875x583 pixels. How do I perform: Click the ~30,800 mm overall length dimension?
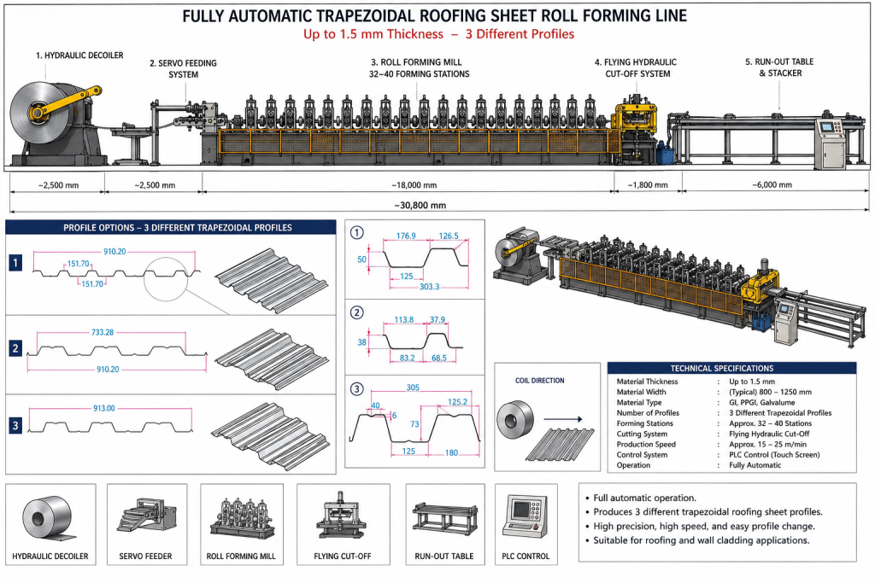coord(420,206)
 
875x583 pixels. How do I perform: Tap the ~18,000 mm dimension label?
coord(414,185)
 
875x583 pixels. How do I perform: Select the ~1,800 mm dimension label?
coord(648,185)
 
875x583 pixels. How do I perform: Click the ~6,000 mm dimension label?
coord(772,184)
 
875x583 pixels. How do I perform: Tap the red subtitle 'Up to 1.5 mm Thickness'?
coord(373,34)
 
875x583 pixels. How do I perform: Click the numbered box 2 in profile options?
coord(15,348)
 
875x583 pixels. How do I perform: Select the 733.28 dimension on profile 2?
coord(103,332)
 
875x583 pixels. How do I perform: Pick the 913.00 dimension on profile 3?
coord(103,408)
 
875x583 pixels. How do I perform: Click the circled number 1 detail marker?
coord(356,232)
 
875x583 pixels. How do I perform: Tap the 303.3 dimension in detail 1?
coord(429,287)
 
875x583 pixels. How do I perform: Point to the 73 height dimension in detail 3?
coord(414,424)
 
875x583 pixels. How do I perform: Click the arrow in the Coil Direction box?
coord(562,419)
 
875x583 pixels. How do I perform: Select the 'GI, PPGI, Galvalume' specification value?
coord(761,402)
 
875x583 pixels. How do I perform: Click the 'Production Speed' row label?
coord(646,444)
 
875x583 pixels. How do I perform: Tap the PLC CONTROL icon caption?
coord(526,557)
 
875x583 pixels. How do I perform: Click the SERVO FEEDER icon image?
coord(147,516)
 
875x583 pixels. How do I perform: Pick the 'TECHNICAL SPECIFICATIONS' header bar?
coord(731,368)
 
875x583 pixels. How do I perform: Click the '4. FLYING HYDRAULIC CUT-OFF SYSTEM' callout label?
coord(637,68)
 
